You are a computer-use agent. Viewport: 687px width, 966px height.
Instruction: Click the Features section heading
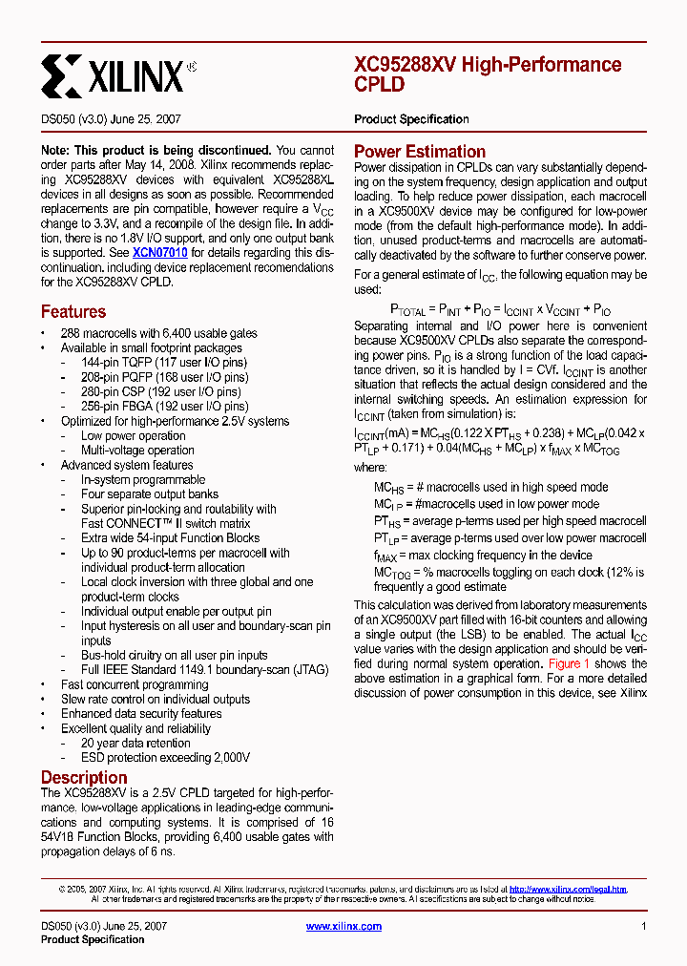click(73, 312)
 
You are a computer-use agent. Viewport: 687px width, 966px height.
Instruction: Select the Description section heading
click(84, 777)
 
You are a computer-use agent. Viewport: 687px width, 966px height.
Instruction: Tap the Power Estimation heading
click(420, 152)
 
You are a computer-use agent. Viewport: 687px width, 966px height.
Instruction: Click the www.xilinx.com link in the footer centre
click(343, 926)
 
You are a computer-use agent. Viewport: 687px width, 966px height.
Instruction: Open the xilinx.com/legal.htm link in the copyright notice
click(568, 889)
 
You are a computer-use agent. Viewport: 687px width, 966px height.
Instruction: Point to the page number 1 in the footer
click(644, 926)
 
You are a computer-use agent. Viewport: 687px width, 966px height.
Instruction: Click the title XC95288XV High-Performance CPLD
click(488, 74)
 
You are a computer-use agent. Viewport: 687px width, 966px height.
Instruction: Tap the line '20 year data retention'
click(135, 743)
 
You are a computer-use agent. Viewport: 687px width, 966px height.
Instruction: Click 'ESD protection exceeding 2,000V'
click(165, 757)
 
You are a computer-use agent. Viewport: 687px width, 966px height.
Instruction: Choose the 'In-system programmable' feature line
click(143, 480)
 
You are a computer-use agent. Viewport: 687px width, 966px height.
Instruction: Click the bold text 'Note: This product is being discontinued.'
click(156, 151)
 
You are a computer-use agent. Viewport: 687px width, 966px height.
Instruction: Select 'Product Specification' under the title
click(411, 119)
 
